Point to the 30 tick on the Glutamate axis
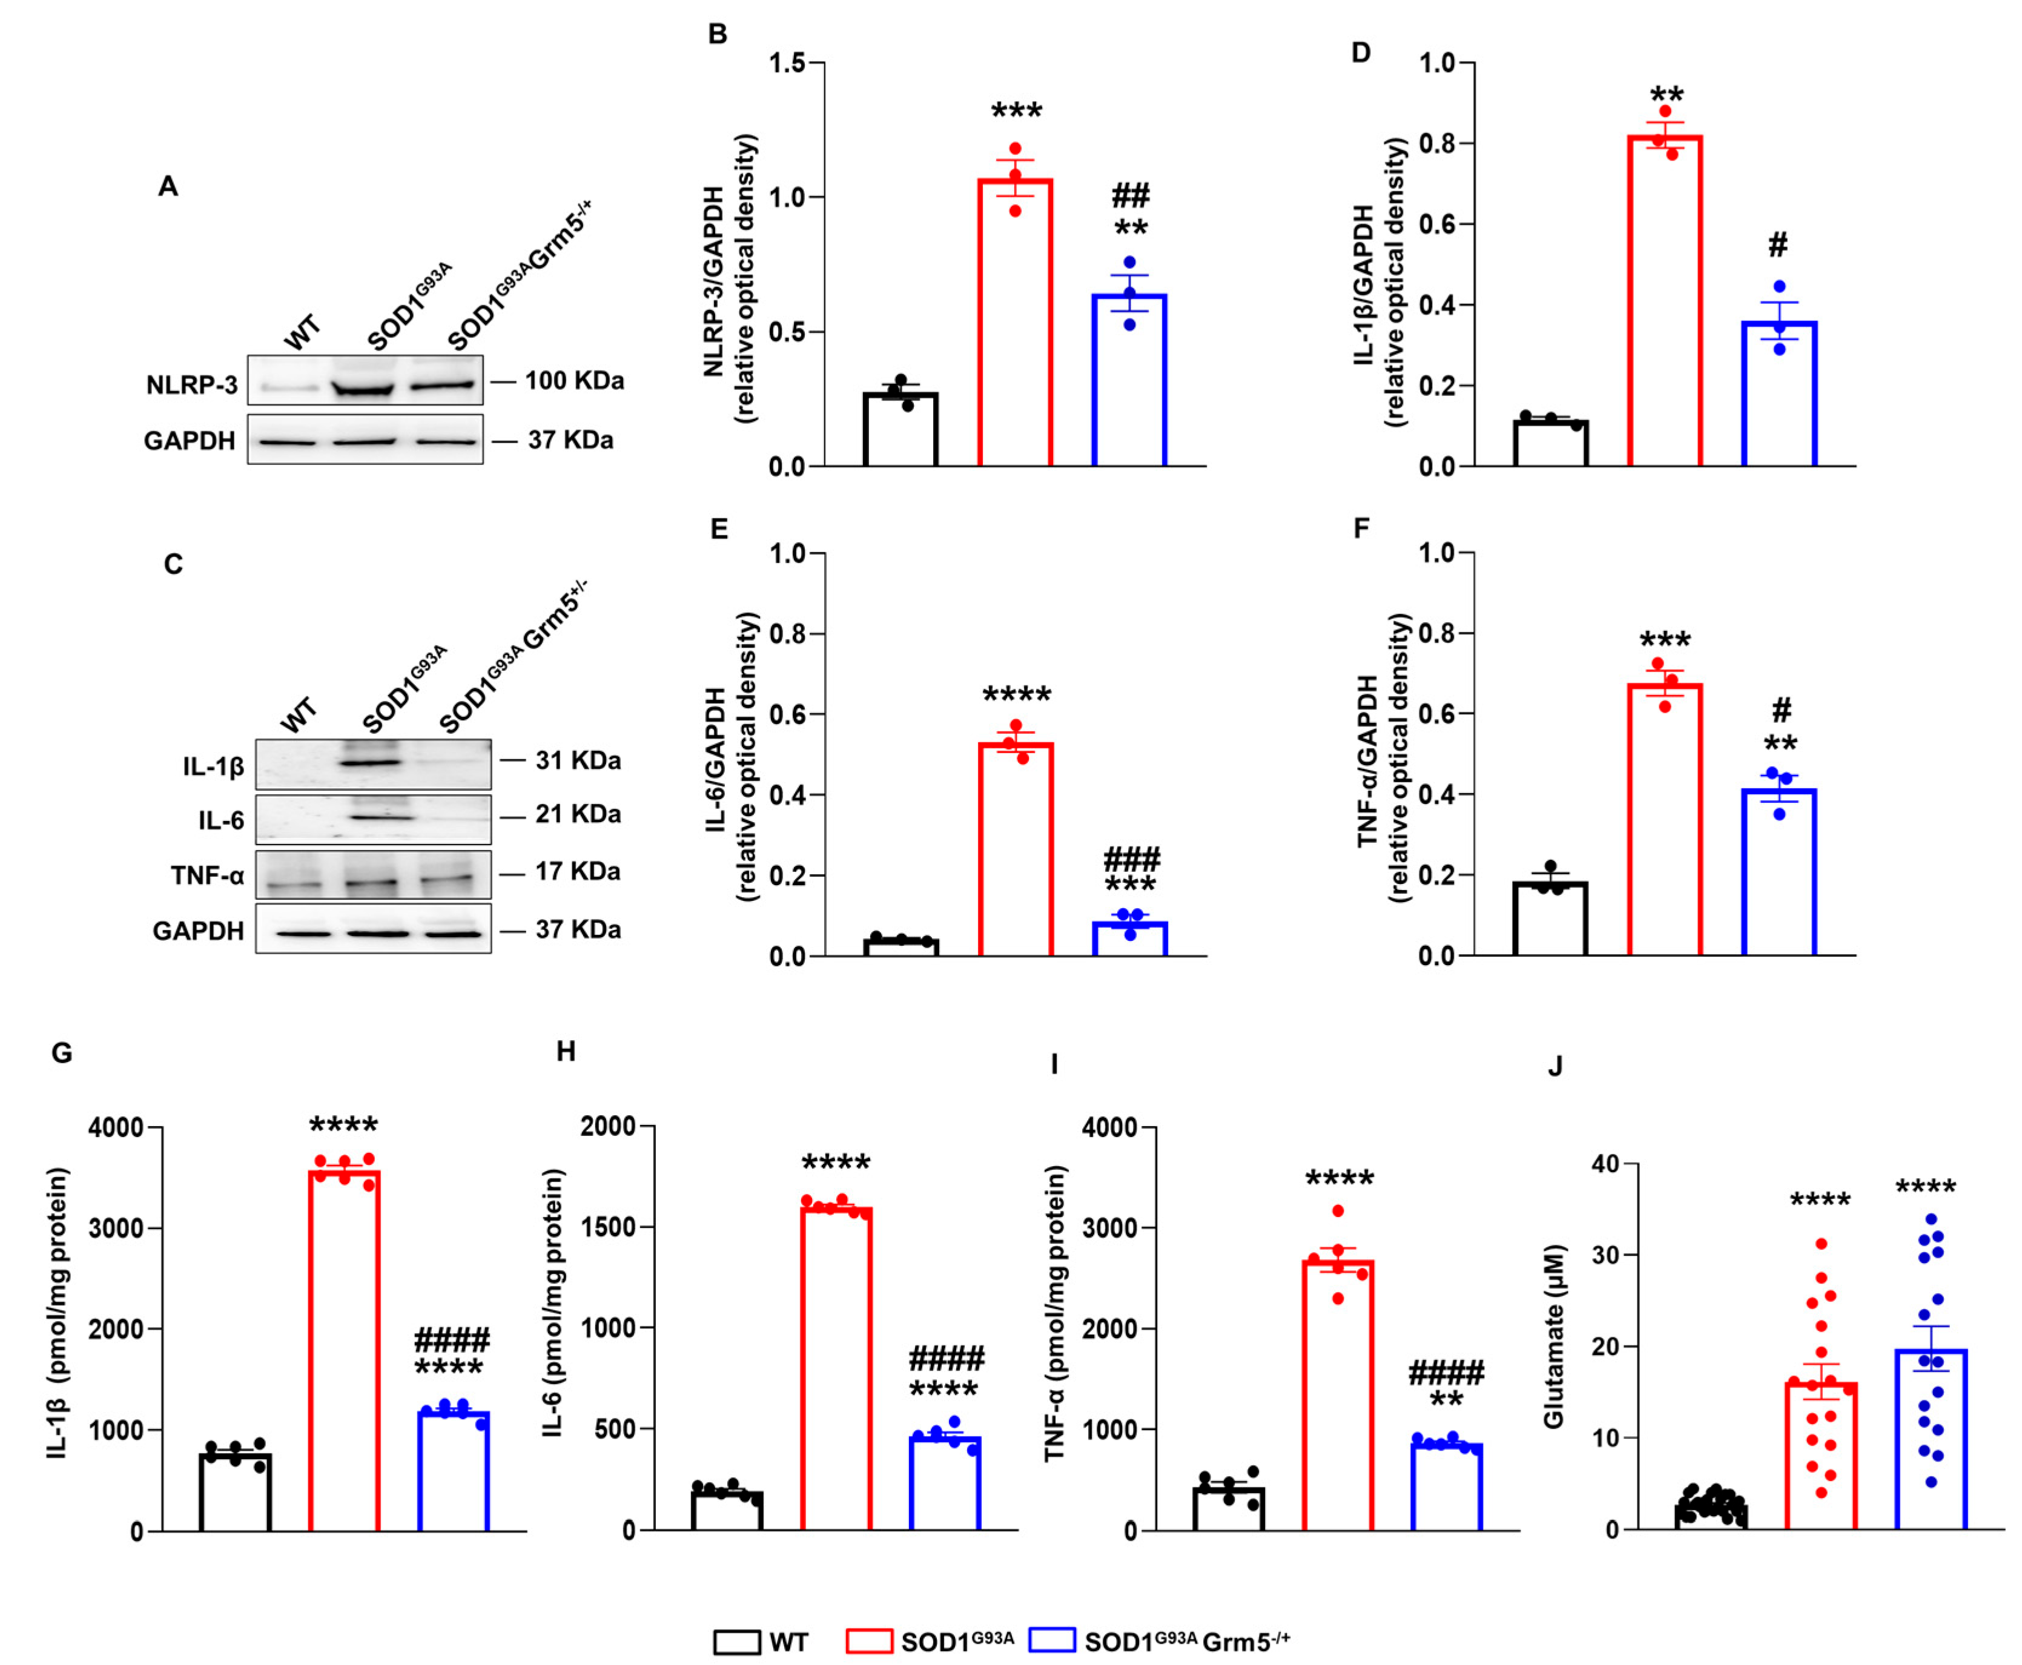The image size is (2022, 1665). (x=1604, y=1255)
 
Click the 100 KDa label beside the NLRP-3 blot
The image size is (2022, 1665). (x=573, y=381)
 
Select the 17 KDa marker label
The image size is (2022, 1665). (x=578, y=871)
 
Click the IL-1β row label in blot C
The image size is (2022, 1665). (x=213, y=767)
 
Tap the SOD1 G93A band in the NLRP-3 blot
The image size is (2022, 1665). (x=363, y=389)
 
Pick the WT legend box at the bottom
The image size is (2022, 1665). (x=736, y=1641)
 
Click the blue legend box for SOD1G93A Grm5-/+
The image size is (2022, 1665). (x=1051, y=1641)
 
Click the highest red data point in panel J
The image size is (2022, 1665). (x=1820, y=1244)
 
